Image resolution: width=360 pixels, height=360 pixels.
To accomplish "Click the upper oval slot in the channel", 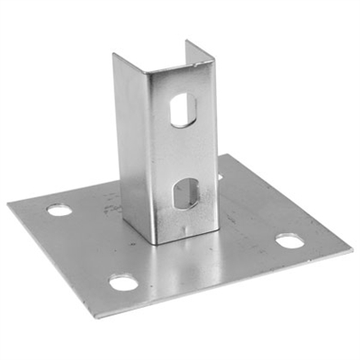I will pos(181,108).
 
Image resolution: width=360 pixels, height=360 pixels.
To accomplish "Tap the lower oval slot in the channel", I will pos(185,193).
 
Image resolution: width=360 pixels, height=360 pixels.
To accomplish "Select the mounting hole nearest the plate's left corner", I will pos(59,210).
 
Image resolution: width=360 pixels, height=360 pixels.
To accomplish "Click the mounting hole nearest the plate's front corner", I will pos(123,283).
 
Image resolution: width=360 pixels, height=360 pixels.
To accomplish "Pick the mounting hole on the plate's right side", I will pos(289,240).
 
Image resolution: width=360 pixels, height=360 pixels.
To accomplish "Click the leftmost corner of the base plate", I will pos(8,205).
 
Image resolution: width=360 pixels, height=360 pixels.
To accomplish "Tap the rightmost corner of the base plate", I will pos(351,251).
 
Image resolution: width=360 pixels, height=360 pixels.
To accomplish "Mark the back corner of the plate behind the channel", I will pos(227,155).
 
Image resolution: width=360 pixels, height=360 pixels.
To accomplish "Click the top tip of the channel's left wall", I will pos(114,55).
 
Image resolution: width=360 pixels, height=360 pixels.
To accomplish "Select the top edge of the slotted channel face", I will pos(180,71).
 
